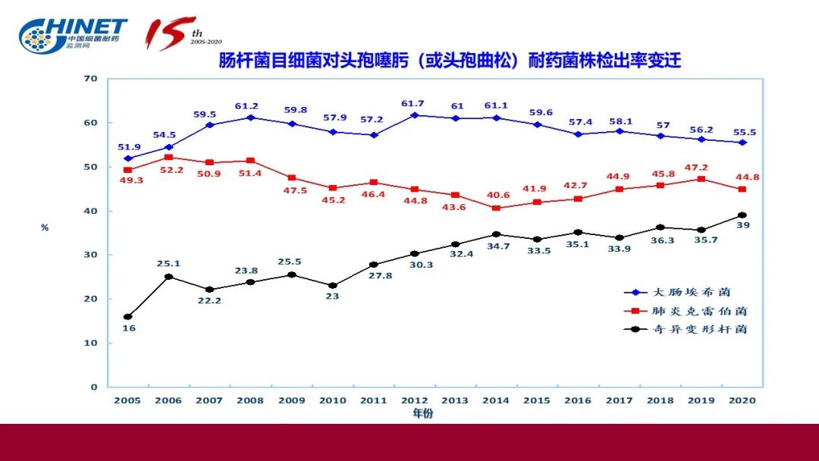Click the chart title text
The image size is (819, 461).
coord(450,61)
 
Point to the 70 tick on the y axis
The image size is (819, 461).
coord(91,79)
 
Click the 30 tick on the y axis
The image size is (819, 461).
coord(91,255)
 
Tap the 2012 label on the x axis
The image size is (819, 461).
coord(413,400)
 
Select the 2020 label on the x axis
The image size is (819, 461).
coord(742,400)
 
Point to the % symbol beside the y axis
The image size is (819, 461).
coord(45,227)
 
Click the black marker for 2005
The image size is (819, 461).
coord(127,317)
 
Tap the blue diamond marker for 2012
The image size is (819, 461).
coord(414,115)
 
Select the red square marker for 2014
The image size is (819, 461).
coord(496,208)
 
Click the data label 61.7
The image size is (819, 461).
coord(414,103)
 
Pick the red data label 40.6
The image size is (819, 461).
coord(496,220)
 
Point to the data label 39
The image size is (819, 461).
coord(743,226)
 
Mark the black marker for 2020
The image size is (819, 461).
coord(742,215)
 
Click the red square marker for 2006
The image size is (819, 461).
coord(168,157)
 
